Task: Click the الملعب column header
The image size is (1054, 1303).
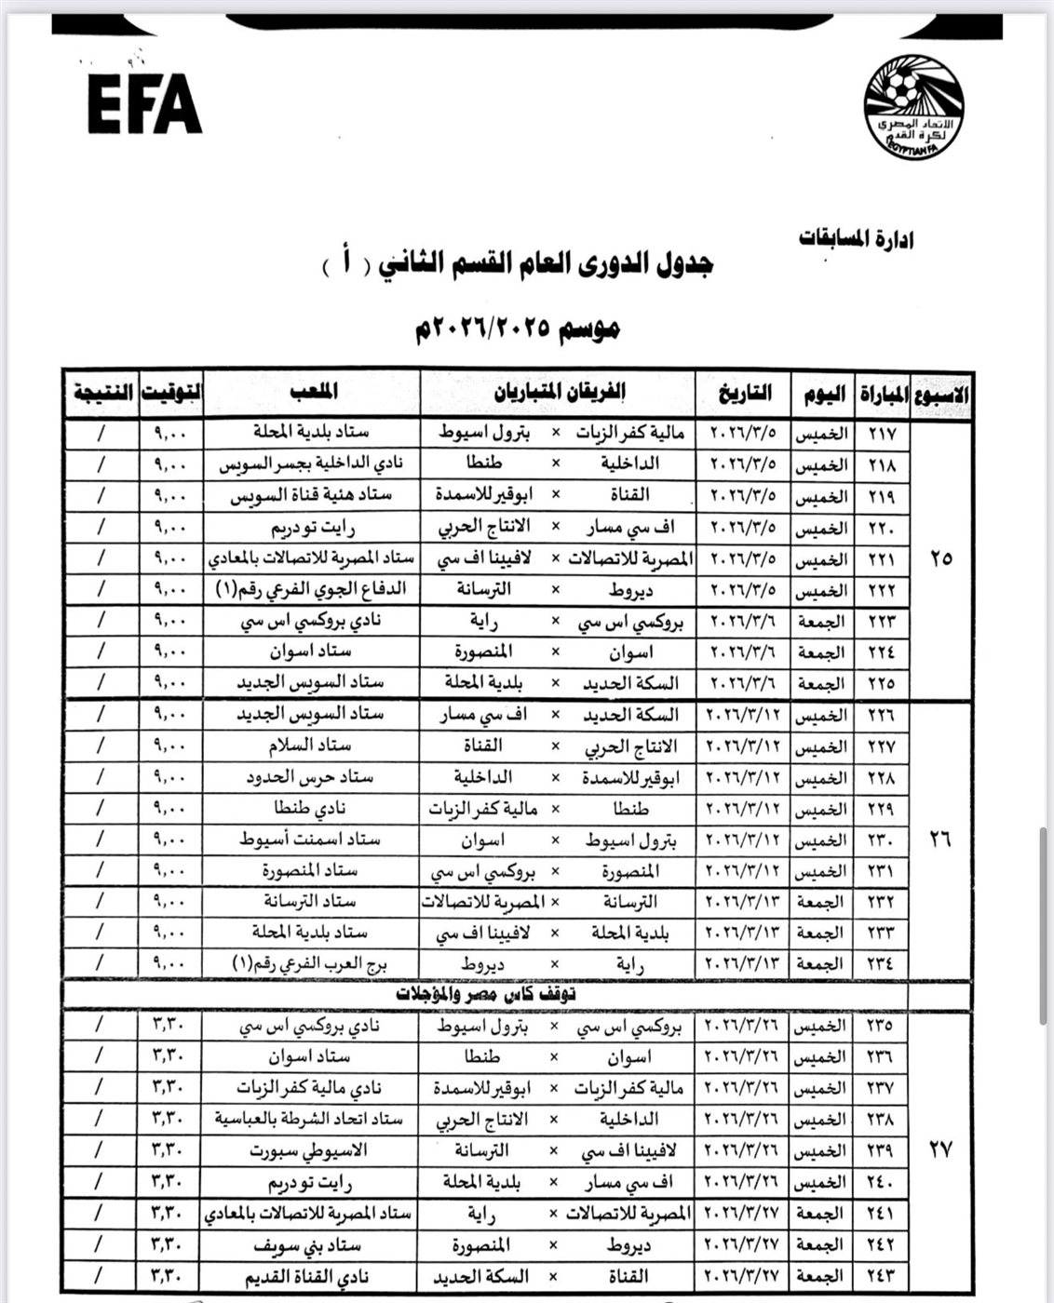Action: [x=312, y=392]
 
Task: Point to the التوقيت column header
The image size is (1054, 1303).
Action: [x=171, y=393]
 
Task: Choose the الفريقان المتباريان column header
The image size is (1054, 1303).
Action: [x=558, y=392]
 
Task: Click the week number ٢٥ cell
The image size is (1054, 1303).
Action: [x=940, y=558]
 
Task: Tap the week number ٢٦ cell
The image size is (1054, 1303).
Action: [x=940, y=839]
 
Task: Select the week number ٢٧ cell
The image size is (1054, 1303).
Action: [x=940, y=1150]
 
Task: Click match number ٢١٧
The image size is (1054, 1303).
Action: [x=880, y=434]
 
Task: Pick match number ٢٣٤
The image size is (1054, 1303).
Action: [x=880, y=963]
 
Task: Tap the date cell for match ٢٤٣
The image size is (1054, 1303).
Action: [x=743, y=1276]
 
